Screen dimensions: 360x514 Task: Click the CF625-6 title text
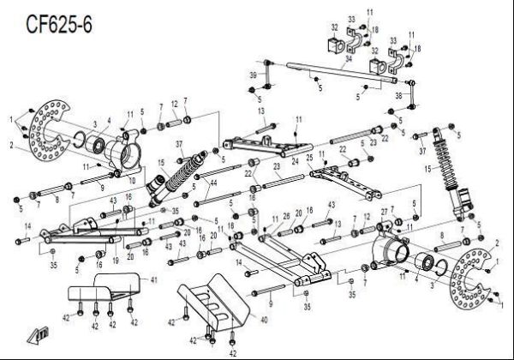[x=58, y=25]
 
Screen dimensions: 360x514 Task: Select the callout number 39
[x=253, y=76]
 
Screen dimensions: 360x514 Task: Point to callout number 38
[x=398, y=96]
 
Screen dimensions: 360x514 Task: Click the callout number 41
[x=154, y=281]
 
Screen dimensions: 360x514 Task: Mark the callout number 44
[x=213, y=183]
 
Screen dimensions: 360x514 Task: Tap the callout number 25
[x=309, y=158]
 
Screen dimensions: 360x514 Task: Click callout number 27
[x=384, y=212]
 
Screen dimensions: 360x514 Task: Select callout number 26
[x=286, y=216]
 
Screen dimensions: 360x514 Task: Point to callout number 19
[x=116, y=260]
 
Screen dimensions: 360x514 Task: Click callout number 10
[x=132, y=180]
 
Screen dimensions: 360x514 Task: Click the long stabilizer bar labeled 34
[x=334, y=72]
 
